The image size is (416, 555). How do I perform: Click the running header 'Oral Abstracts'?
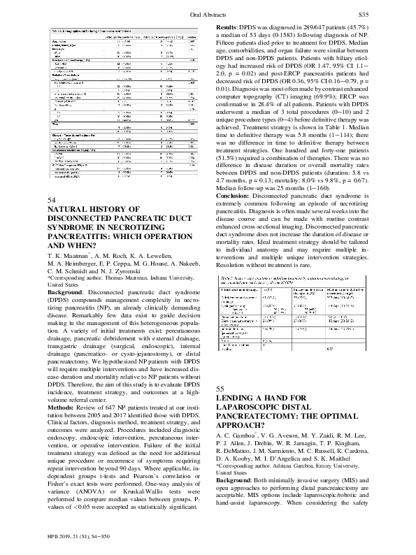pyautogui.click(x=208, y=15)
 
